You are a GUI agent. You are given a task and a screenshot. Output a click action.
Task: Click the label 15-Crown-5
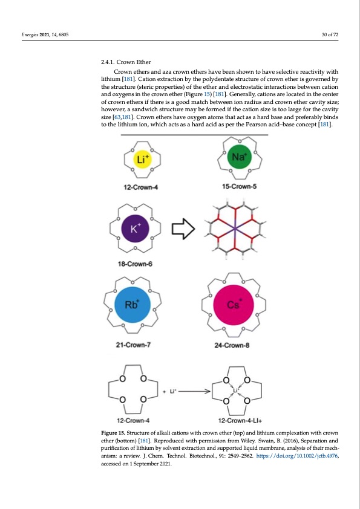coord(239,187)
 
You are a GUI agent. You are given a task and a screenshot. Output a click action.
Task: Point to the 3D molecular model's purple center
coord(234,227)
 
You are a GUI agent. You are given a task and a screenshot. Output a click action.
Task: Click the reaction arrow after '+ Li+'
coord(194,391)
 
